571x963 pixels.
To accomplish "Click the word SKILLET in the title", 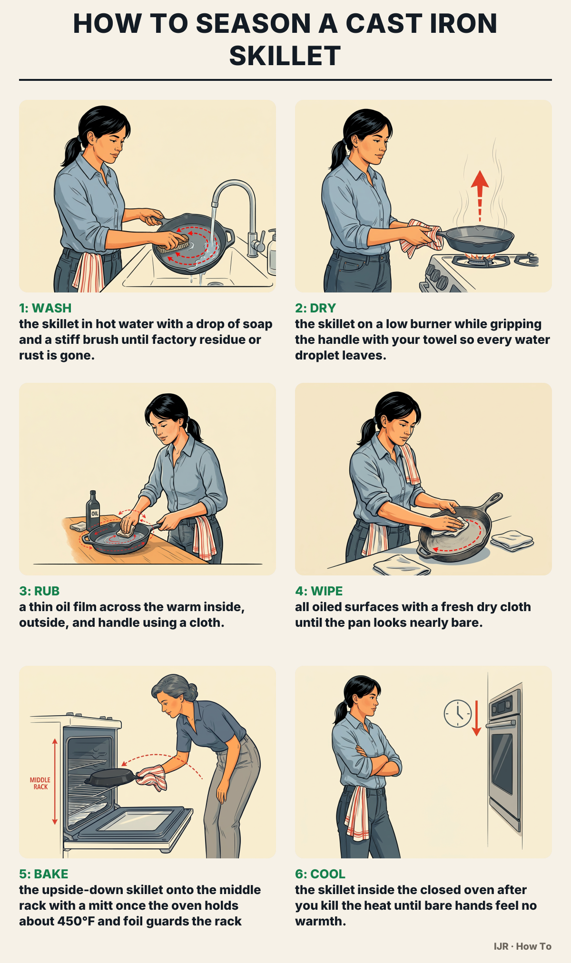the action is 285,56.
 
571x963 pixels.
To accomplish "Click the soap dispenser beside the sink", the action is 272,252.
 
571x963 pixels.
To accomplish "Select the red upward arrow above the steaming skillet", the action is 480,195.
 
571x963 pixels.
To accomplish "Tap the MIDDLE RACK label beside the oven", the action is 40,783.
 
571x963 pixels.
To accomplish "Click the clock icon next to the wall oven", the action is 458,713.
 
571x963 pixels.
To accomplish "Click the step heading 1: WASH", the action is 45,308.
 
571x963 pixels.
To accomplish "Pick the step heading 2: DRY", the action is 315,308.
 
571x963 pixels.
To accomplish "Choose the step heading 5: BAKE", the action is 44,874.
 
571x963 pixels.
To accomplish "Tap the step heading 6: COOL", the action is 320,874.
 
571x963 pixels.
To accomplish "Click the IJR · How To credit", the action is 522,946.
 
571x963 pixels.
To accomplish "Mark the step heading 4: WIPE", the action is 319,591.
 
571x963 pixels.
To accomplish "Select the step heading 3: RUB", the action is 39,591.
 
